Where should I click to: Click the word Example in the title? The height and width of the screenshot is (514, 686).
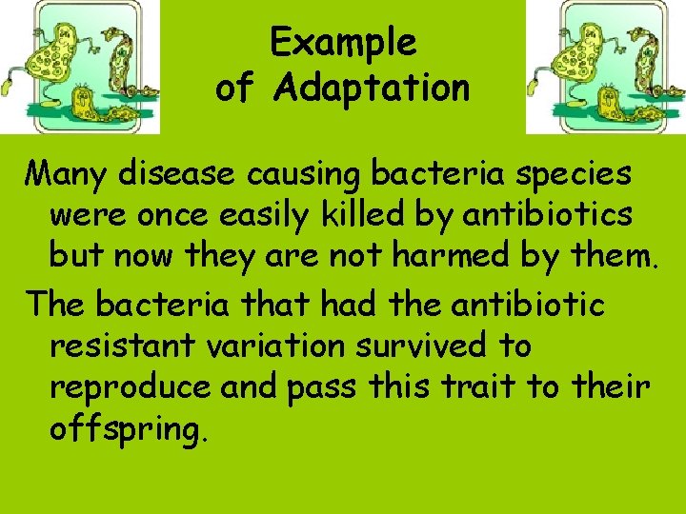point(343,43)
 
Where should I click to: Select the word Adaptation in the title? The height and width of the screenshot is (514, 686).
point(372,89)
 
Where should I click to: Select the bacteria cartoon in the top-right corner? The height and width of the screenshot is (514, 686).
point(607,67)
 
